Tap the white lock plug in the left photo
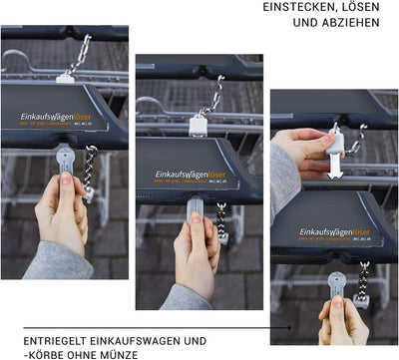coord(66,75)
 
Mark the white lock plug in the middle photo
coord(198,126)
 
